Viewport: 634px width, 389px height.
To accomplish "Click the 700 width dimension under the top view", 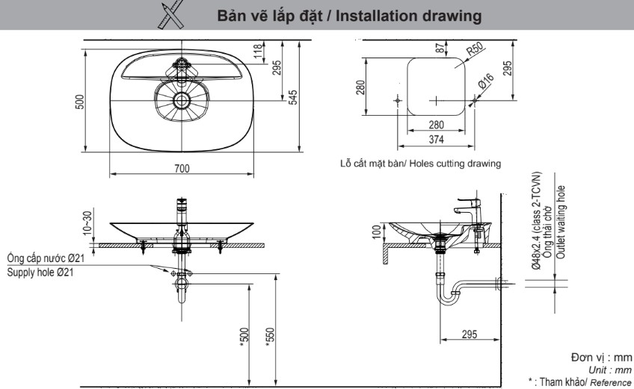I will click(x=182, y=169).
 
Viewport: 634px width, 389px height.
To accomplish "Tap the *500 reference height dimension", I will click(x=244, y=340).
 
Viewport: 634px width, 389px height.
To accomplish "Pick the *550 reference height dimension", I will click(x=270, y=340).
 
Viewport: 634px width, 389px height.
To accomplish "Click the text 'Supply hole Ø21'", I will click(x=42, y=272).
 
